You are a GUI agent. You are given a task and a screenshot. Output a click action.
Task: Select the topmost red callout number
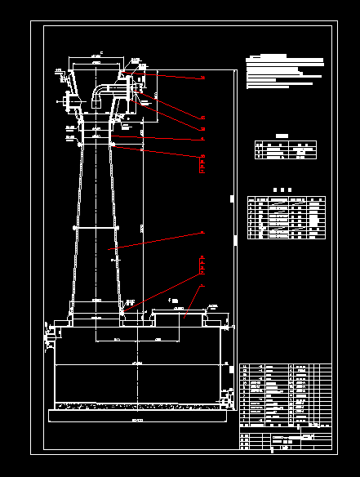click(203, 77)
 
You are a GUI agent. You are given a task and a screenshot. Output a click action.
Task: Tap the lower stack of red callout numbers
click(202, 265)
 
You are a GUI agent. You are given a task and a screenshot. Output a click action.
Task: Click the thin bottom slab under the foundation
click(137, 416)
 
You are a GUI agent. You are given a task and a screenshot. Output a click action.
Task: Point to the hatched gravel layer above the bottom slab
click(137, 405)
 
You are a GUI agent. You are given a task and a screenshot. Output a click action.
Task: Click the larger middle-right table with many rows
click(287, 218)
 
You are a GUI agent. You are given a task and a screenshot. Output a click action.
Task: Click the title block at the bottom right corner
click(286, 442)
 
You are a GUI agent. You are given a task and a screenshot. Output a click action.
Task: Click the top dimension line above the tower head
click(96, 58)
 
